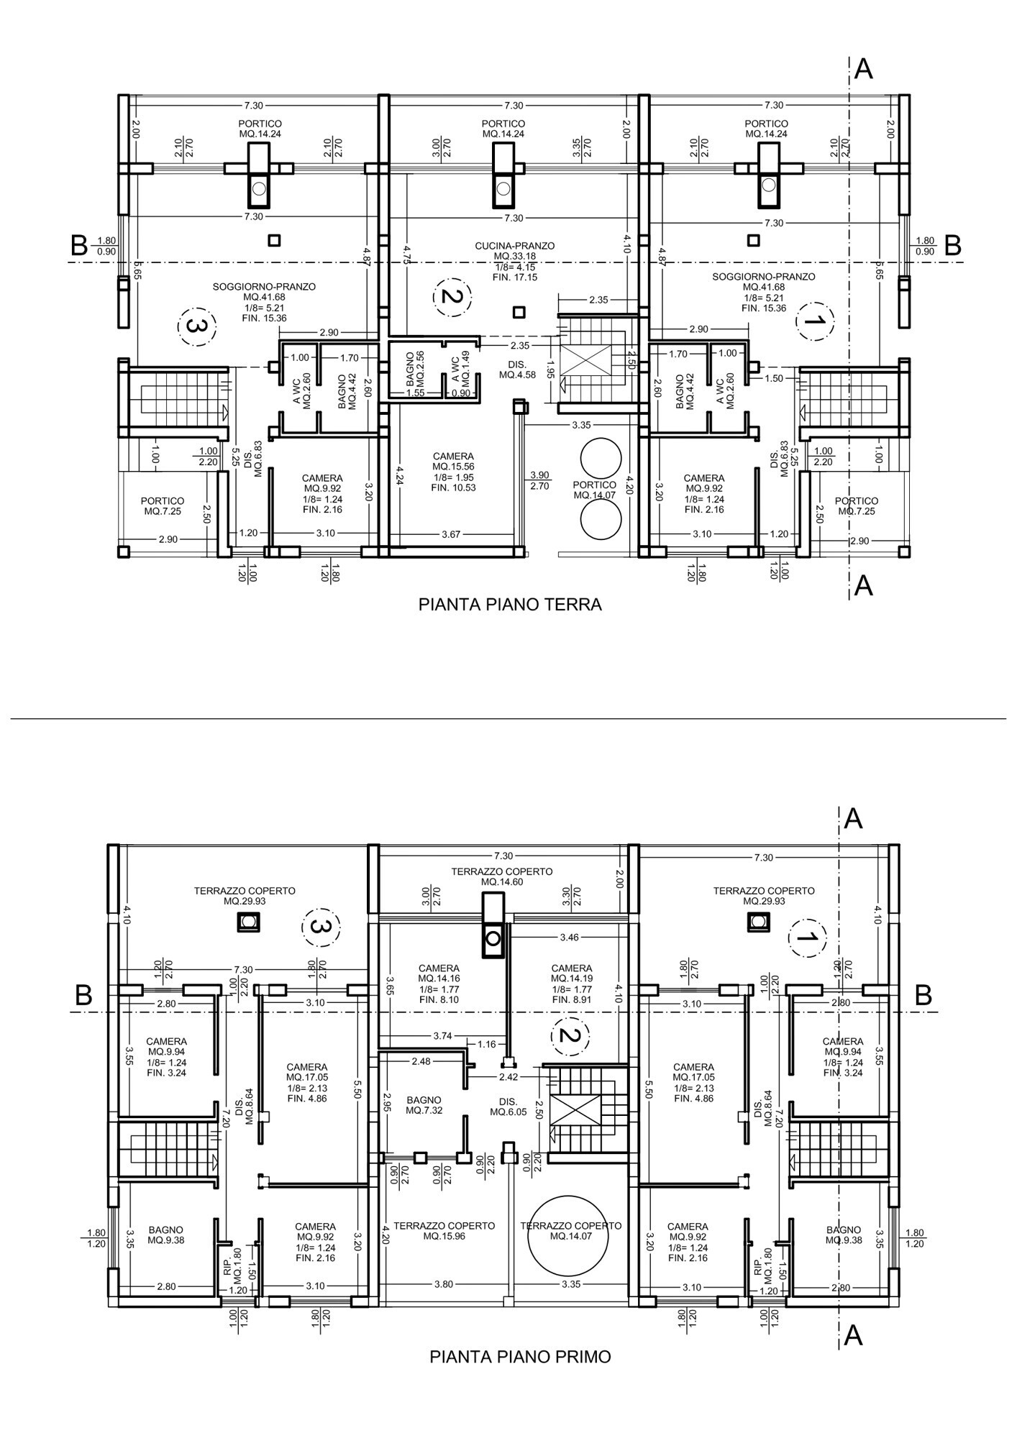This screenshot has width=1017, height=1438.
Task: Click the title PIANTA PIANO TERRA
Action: coord(510,605)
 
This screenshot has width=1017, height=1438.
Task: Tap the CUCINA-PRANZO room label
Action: coord(515,246)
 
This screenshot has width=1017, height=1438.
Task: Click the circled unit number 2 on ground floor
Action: coord(452,296)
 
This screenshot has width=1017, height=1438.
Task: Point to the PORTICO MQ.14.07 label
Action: coord(595,490)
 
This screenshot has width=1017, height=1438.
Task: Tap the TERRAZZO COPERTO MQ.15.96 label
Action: coord(444,1231)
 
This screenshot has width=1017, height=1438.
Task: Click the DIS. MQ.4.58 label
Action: coord(517,370)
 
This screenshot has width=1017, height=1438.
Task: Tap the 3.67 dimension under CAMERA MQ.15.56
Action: coord(451,534)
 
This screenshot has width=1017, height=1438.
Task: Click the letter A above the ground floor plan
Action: coord(864,70)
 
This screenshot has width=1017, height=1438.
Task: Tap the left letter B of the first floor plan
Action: coord(83,996)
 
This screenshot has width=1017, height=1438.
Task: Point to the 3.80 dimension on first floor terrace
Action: coord(444,1285)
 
